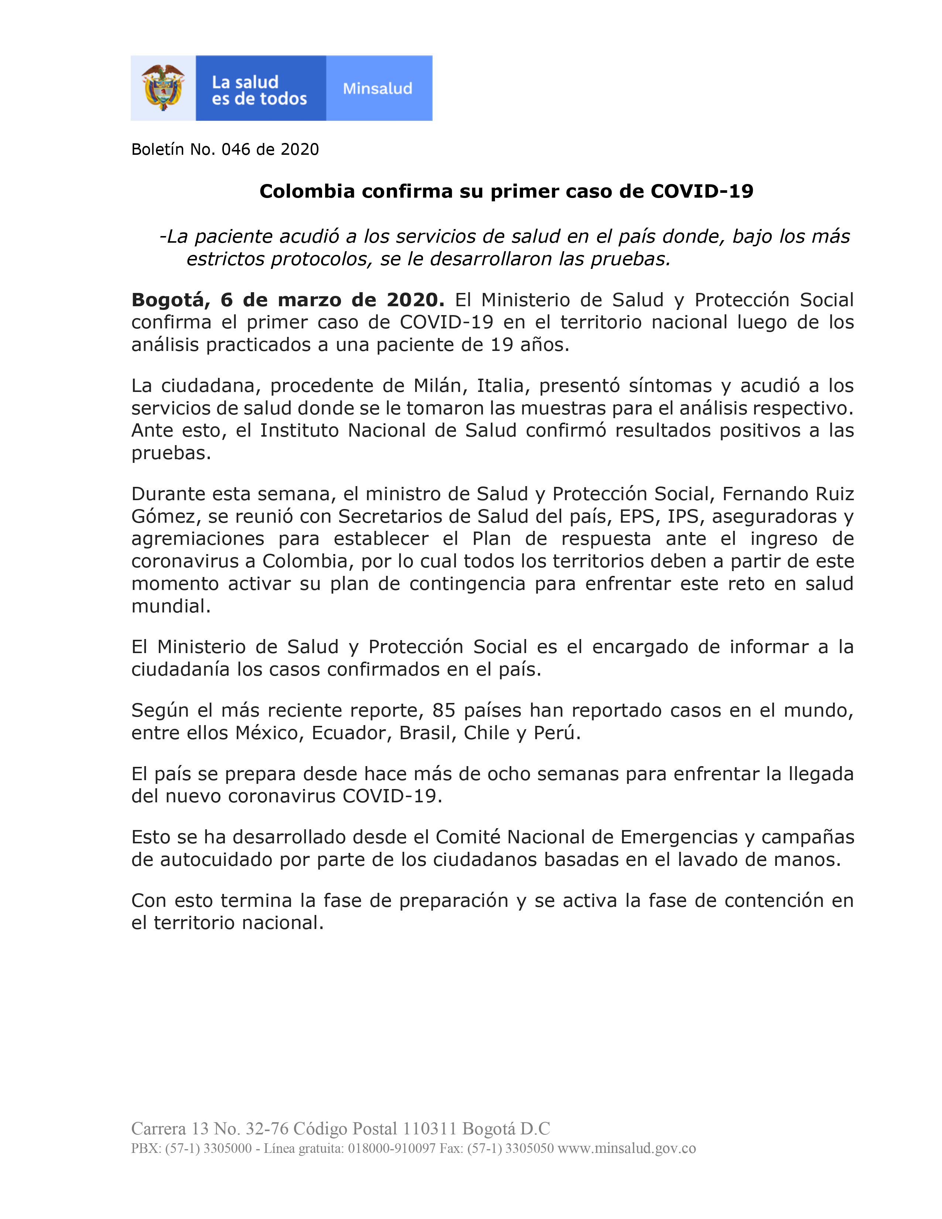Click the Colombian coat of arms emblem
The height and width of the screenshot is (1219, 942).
[163, 88]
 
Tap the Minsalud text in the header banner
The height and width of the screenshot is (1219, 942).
[377, 89]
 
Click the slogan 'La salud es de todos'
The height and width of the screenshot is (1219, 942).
[259, 91]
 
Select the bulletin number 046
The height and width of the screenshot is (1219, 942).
[236, 150]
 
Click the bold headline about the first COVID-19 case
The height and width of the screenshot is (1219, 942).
[506, 191]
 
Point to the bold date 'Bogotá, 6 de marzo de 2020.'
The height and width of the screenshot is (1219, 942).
[287, 300]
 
